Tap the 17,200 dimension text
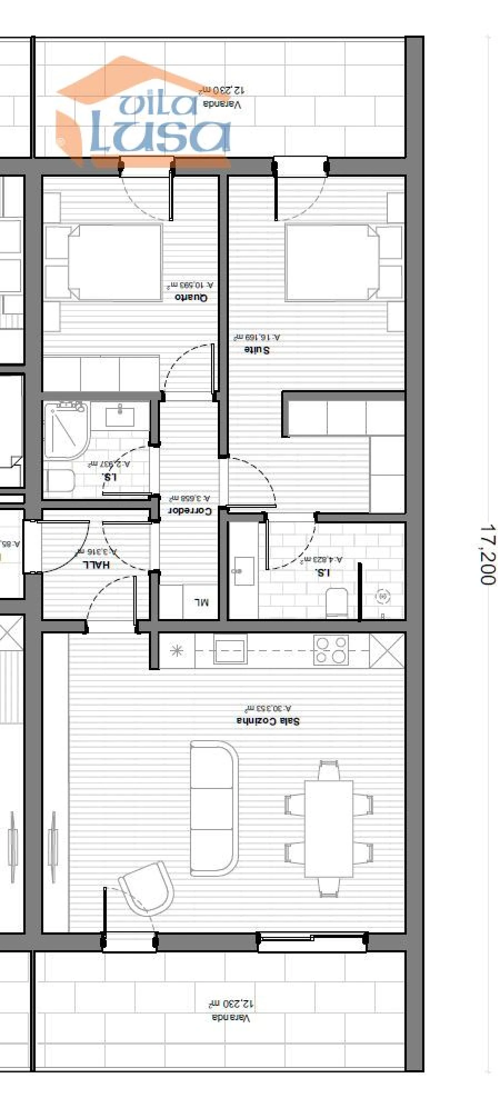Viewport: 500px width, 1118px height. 487,555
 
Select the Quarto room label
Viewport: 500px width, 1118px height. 191,297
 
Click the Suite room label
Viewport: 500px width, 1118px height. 257,350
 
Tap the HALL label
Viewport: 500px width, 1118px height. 96,565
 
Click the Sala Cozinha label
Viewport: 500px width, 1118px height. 268,721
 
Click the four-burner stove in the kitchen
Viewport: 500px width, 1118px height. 331,650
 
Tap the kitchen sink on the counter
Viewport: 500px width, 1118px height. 231,648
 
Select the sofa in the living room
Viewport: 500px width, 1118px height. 213,808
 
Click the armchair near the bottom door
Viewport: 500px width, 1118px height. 147,888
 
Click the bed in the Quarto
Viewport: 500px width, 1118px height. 115,263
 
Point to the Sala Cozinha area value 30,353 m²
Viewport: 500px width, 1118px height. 267,708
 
